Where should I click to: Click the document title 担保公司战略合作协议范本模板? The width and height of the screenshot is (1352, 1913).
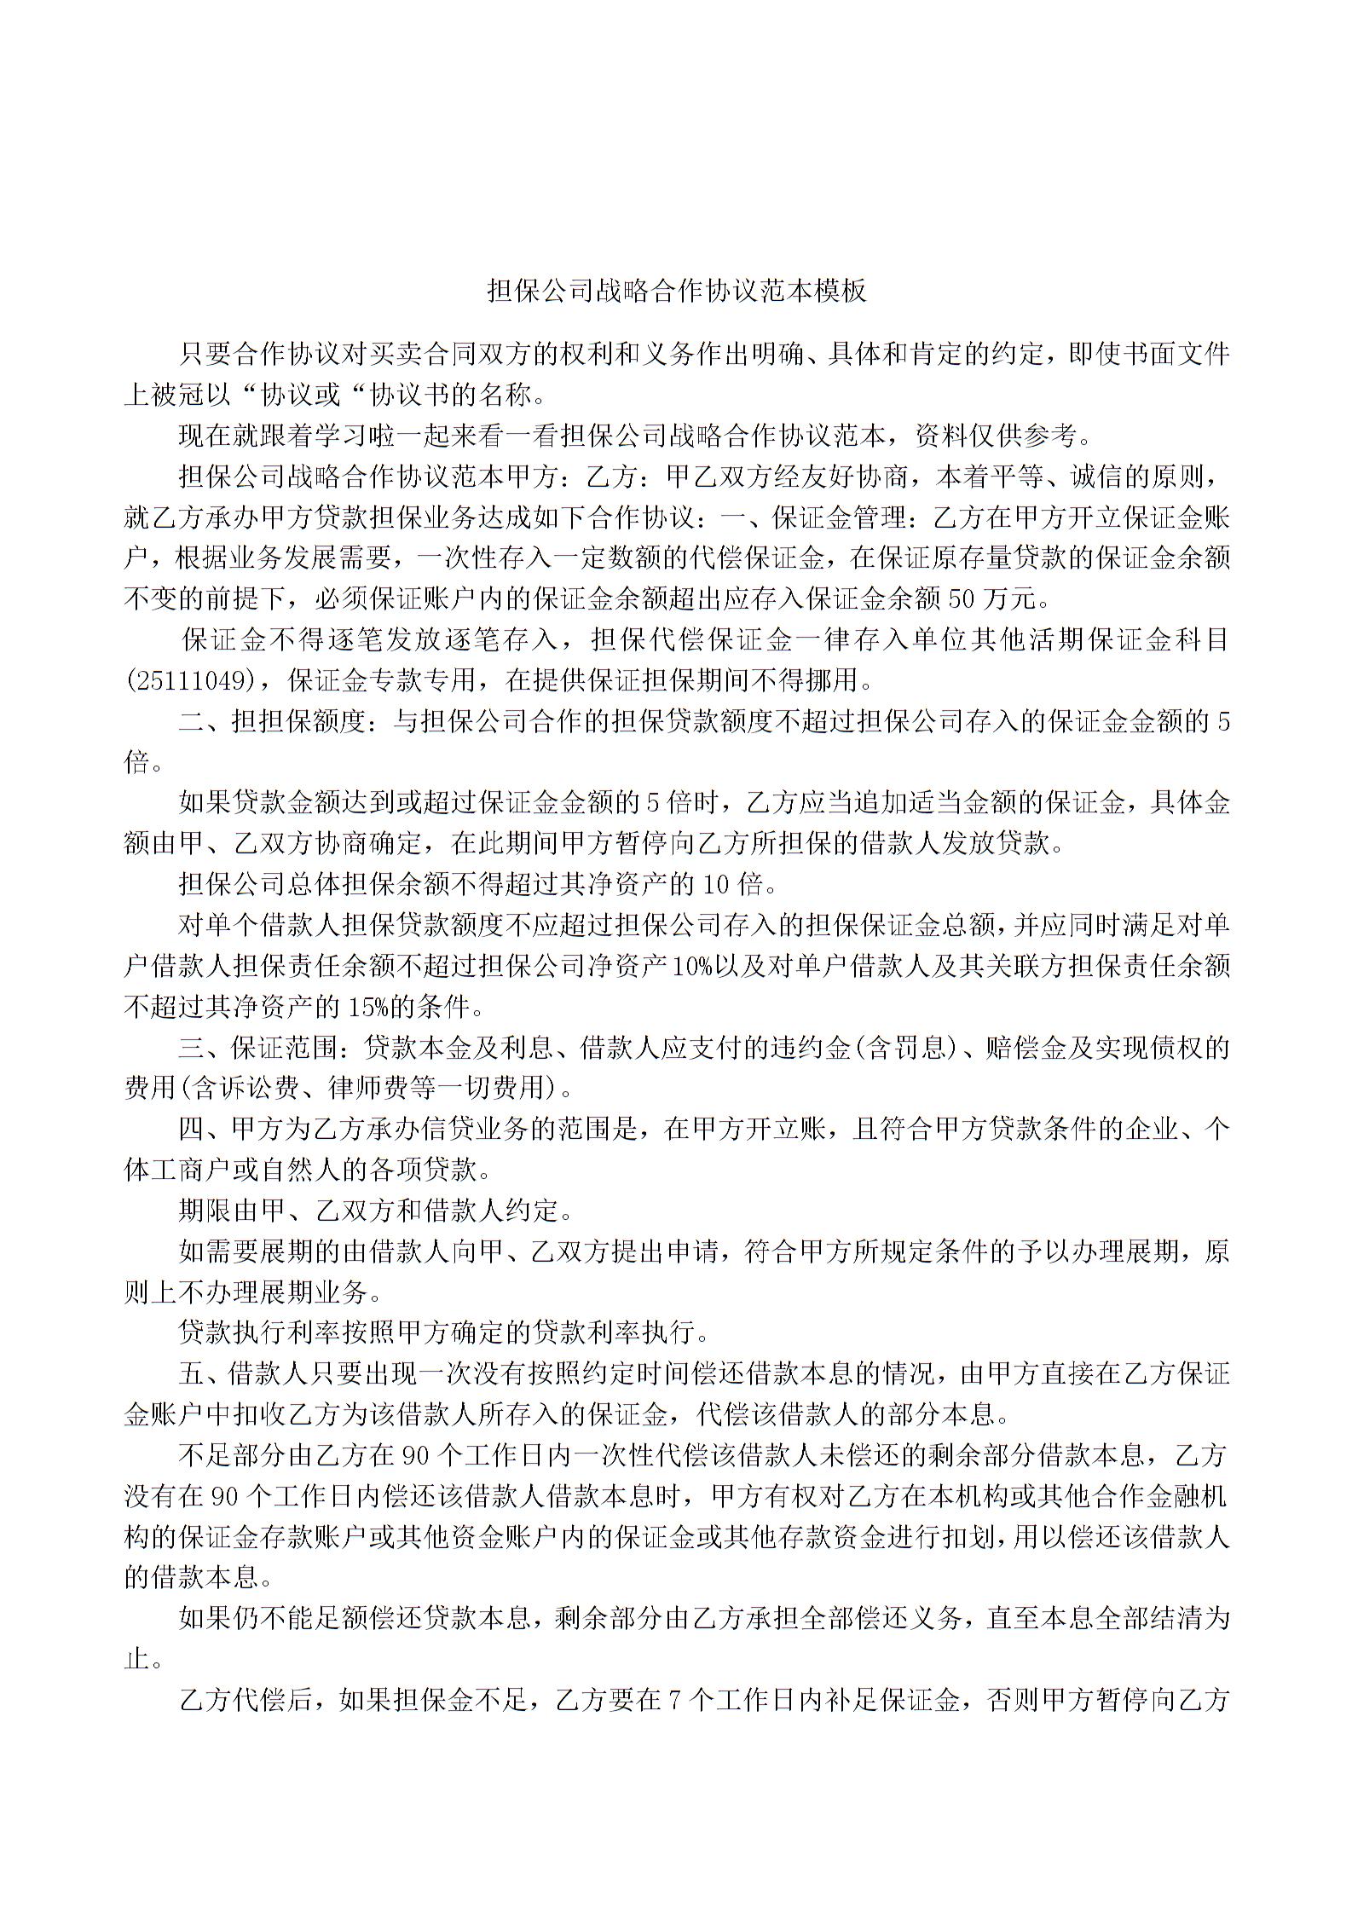point(676,291)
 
